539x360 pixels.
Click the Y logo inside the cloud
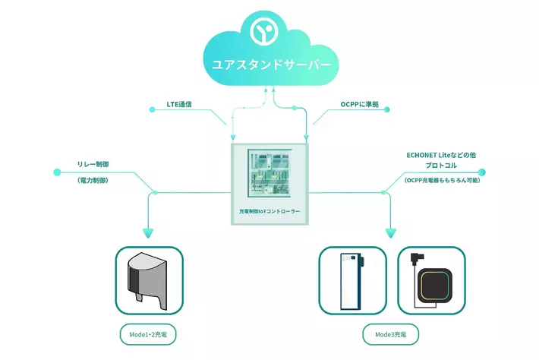click(266, 31)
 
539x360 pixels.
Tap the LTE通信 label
click(179, 103)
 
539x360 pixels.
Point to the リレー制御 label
click(95, 163)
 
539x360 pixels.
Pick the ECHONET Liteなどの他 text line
click(441, 155)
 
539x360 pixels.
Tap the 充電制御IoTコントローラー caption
click(269, 210)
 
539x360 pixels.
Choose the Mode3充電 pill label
click(390, 333)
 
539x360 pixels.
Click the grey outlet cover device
click(149, 279)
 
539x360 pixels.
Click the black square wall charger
click(437, 286)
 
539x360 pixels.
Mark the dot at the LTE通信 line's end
click(153, 111)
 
